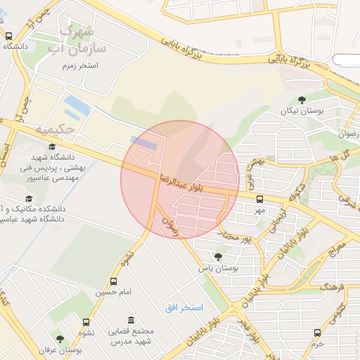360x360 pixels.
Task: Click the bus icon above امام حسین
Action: pyautogui.click(x=105, y=280)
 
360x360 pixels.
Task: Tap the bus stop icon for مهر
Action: pyautogui.click(x=259, y=199)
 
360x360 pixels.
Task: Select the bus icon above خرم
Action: pyautogui.click(x=317, y=333)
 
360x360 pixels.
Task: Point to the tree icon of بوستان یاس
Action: pyautogui.click(x=218, y=256)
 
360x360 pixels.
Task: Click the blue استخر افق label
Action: pyautogui.click(x=184, y=308)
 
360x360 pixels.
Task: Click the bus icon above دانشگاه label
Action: pyautogui.click(x=8, y=36)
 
